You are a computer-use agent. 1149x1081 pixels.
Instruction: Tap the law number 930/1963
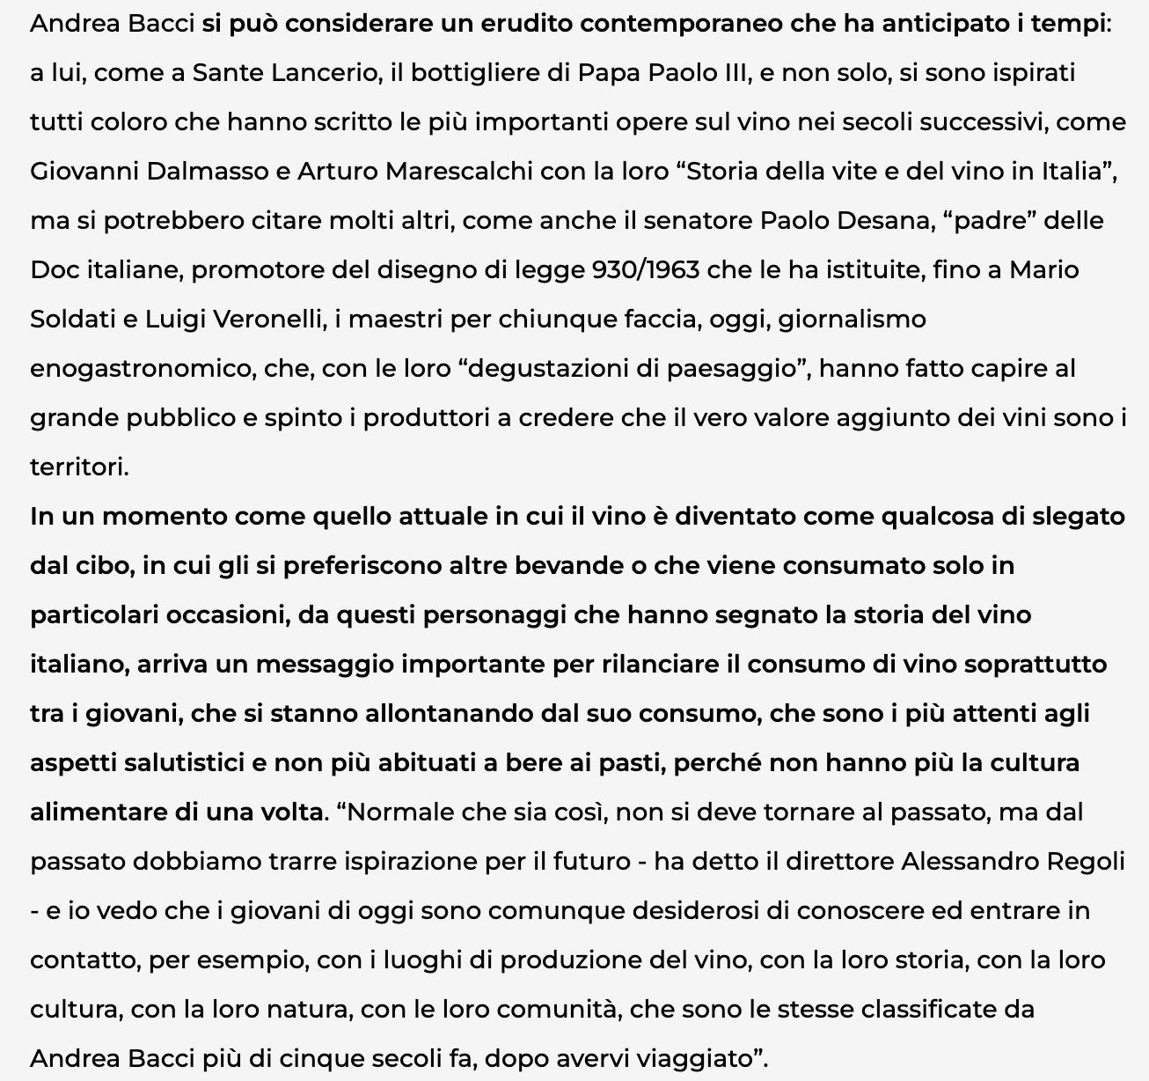pos(647,269)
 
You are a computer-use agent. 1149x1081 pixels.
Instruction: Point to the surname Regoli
pos(1086,861)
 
